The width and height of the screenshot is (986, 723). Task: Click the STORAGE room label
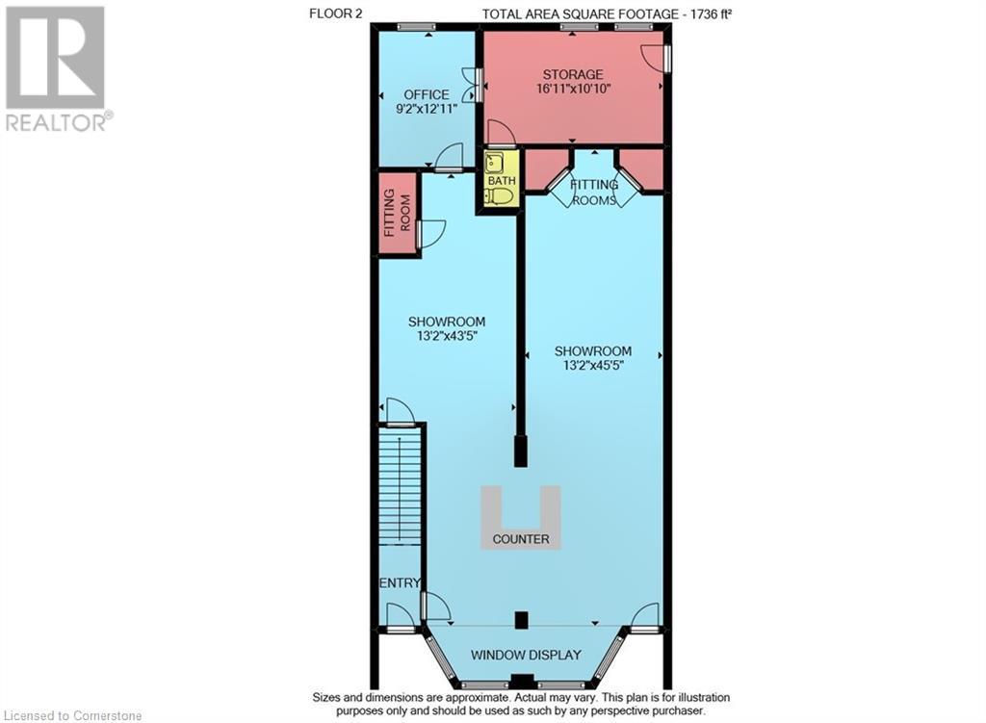573,74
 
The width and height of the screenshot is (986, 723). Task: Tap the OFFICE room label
427,95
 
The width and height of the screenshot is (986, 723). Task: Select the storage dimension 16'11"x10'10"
573,89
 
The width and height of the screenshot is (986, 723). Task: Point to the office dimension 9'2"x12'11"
427,109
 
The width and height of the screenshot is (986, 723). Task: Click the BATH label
501,180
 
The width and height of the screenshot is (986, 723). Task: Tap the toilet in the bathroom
500,196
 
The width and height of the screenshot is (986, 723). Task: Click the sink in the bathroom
493,163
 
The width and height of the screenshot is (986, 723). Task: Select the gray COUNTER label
521,539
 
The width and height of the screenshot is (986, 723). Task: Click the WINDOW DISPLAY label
526,655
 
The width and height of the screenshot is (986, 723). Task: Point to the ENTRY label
400,583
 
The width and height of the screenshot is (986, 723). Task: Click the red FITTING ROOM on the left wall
398,214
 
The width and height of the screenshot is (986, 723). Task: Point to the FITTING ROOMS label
593,193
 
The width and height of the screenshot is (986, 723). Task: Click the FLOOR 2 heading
335,13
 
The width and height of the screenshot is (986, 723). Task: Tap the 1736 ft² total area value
712,13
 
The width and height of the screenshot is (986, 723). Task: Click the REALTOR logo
57,68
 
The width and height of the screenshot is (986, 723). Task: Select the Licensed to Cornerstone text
73,715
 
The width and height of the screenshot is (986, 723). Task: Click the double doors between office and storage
470,85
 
